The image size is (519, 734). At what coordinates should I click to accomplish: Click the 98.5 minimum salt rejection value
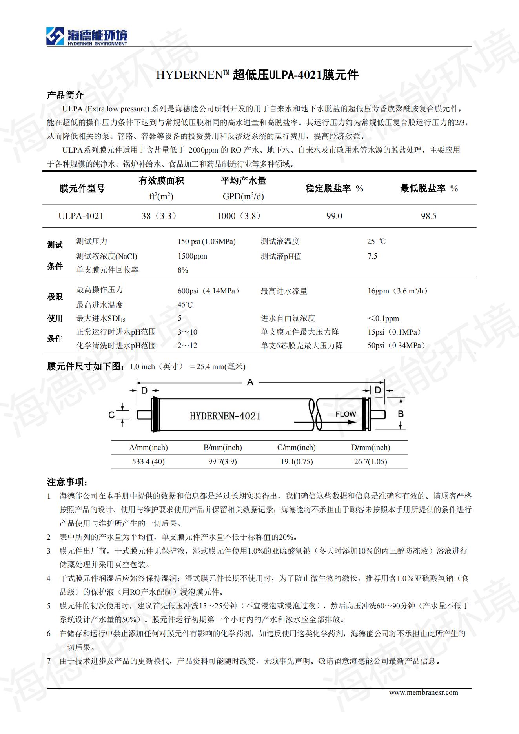pos(428,216)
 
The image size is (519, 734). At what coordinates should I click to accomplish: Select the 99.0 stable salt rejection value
pos(334,216)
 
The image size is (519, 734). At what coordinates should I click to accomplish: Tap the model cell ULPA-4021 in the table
pos(81,216)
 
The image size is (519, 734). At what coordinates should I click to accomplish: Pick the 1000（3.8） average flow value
pos(239,216)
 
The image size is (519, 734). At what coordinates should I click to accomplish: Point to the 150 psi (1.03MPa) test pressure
pos(206,242)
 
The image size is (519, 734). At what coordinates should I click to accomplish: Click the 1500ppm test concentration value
pos(192,256)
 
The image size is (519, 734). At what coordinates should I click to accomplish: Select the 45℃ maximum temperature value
pos(185,305)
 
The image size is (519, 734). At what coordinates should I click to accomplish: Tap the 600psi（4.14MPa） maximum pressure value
pos(208,291)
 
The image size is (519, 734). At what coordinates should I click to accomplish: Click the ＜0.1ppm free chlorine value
pos(383,319)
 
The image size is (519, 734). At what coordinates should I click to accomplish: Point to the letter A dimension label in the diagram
pos(250,382)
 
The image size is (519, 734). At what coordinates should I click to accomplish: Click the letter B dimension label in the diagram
pos(401,414)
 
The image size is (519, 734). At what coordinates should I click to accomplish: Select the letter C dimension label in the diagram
pos(111,415)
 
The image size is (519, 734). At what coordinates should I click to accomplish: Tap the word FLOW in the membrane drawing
pos(346,414)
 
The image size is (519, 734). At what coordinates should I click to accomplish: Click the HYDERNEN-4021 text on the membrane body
pos(225,416)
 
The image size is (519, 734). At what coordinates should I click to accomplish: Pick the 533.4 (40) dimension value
pos(148,462)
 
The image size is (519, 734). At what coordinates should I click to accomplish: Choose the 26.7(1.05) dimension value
pos(370,462)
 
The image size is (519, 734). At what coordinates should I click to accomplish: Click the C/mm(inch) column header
pos(296,448)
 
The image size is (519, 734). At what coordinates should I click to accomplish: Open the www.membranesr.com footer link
pos(423,692)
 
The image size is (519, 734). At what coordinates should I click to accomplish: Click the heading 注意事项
pos(67,482)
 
